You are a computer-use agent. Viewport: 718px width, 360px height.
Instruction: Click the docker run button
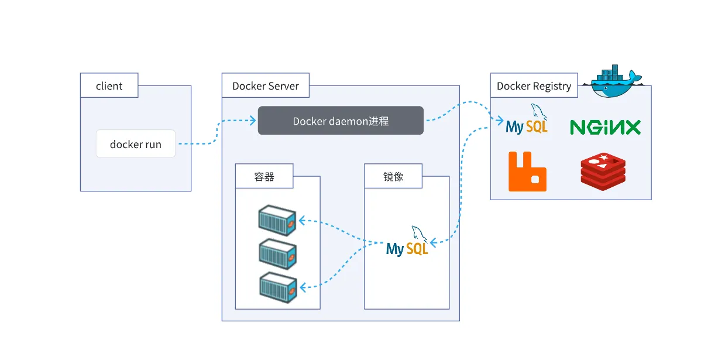tap(136, 144)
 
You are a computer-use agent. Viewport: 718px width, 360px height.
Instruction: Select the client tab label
tap(109, 86)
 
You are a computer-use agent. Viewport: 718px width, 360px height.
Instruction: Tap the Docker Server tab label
tap(266, 86)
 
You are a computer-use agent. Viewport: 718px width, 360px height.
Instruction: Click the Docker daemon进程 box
tap(341, 121)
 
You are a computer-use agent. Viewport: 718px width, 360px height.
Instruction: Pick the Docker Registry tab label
tap(534, 86)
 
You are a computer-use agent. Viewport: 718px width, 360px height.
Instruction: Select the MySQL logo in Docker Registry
tap(527, 121)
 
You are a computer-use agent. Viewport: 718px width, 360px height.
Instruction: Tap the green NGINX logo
tap(605, 127)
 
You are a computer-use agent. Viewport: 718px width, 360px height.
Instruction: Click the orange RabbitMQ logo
tap(527, 172)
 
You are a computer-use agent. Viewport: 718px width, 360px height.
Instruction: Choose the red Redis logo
tap(603, 172)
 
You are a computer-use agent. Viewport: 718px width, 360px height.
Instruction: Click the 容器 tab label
tap(264, 176)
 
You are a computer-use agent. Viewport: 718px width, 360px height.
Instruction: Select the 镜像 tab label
tap(393, 176)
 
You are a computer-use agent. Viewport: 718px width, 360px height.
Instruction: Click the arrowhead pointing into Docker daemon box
tap(253, 121)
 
